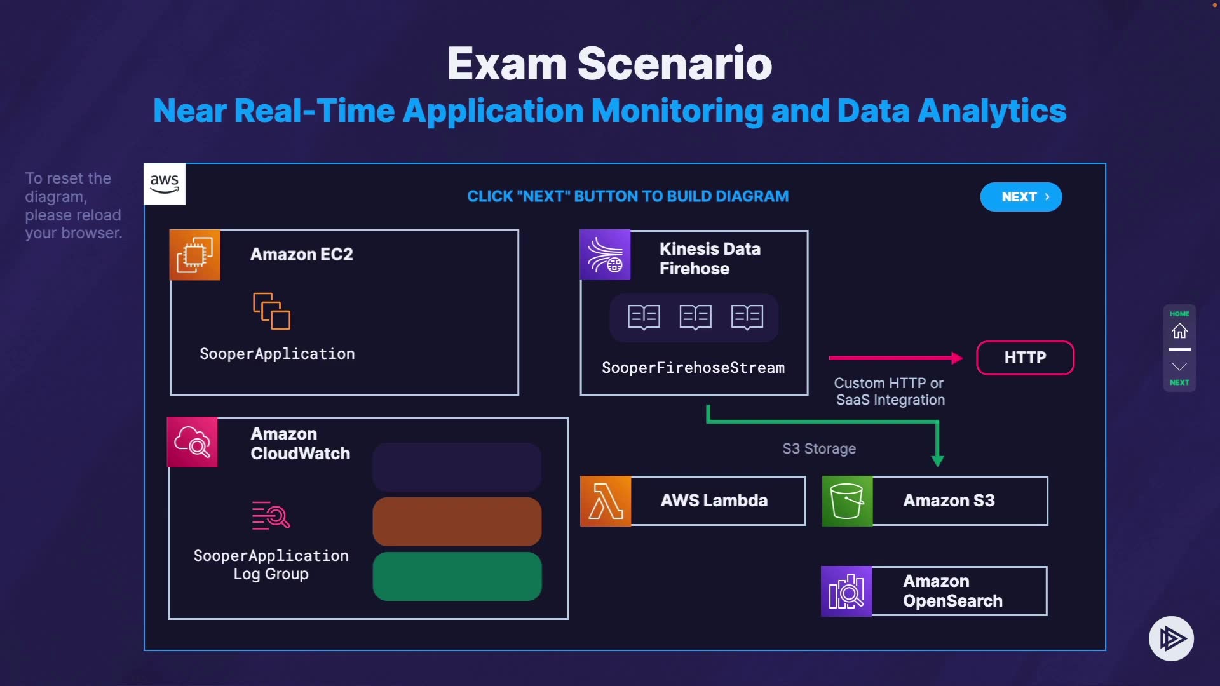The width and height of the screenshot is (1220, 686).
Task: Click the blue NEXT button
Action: coord(1020,197)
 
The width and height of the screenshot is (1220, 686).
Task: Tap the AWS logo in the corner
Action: coord(165,184)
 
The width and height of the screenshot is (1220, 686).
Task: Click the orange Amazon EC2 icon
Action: coord(195,255)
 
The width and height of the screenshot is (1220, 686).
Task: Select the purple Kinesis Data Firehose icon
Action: coord(605,255)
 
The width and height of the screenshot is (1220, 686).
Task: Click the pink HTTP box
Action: coord(1025,358)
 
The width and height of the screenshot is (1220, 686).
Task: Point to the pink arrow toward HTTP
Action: coord(896,358)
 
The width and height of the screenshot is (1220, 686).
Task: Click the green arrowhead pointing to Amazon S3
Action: coord(937,461)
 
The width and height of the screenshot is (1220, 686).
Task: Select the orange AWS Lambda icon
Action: coord(606,501)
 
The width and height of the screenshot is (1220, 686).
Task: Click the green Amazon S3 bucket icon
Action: coord(847,501)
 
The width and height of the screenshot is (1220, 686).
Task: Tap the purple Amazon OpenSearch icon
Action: coord(846,591)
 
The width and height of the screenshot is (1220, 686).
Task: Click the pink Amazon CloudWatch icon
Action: coord(192,442)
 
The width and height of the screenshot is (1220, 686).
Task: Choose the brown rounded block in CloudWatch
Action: coord(457,521)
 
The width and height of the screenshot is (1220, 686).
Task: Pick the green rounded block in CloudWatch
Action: coord(457,576)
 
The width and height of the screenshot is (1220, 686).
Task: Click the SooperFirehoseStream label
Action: coord(693,368)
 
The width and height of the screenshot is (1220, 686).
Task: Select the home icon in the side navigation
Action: coord(1179,331)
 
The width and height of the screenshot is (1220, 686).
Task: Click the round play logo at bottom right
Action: coord(1171,638)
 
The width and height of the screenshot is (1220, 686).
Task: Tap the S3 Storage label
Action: coord(819,448)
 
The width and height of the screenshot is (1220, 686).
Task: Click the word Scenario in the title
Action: coord(675,64)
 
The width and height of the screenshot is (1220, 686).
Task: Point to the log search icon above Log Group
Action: coord(271,515)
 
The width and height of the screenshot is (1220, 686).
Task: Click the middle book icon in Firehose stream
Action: coord(695,317)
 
